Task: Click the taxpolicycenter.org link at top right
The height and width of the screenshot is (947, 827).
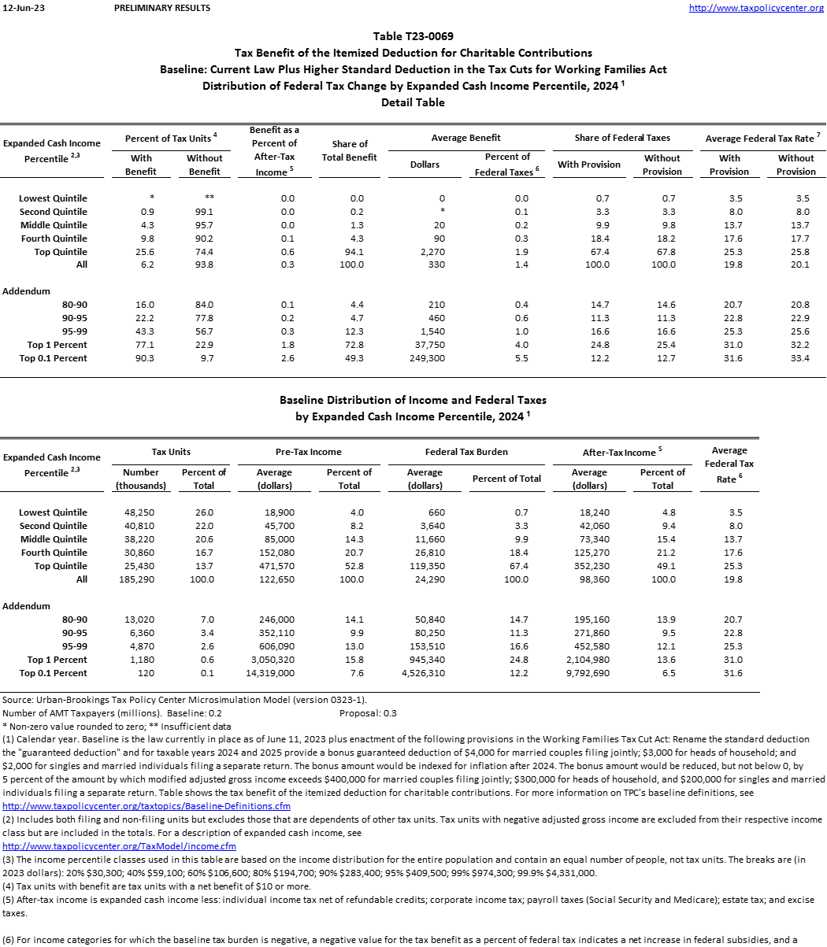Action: pyautogui.click(x=756, y=8)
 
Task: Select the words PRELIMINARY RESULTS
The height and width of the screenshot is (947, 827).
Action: pyautogui.click(x=162, y=8)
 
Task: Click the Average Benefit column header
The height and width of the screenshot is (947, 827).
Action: pyautogui.click(x=466, y=138)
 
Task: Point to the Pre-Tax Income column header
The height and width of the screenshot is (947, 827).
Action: pyautogui.click(x=309, y=452)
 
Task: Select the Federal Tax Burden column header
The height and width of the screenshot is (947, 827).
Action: pyautogui.click(x=466, y=452)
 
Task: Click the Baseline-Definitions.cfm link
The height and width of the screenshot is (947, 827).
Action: pyautogui.click(x=146, y=806)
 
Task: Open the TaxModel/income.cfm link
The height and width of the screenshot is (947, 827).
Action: pyautogui.click(x=120, y=846)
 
